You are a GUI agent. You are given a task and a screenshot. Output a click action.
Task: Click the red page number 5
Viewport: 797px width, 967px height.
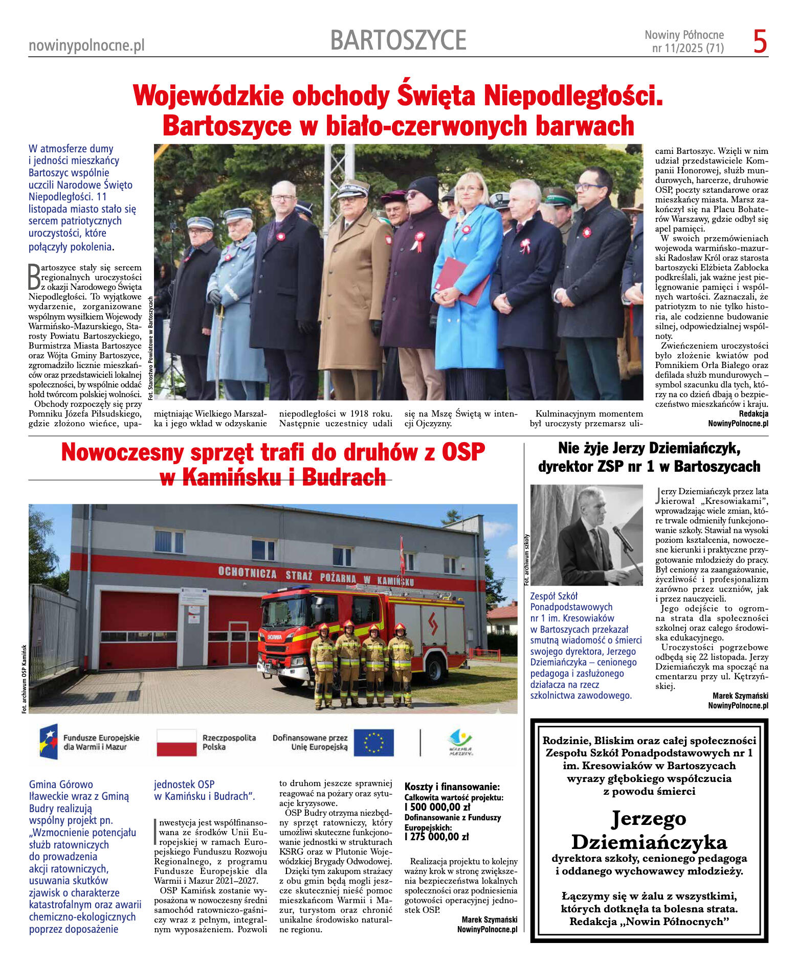coord(760,42)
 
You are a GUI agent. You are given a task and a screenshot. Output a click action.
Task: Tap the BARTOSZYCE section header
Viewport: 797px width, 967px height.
coord(398,40)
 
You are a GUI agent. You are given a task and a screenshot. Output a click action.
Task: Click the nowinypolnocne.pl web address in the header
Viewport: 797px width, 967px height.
coord(86,45)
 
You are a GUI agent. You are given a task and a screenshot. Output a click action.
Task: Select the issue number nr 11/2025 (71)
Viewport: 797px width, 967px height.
coord(688,49)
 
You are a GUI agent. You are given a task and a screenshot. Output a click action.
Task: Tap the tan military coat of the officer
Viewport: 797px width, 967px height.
coord(353,296)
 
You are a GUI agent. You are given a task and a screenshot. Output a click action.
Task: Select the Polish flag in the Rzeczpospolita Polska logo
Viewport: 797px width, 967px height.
coord(176,743)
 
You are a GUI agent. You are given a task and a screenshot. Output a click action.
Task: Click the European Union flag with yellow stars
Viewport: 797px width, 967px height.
coord(374,743)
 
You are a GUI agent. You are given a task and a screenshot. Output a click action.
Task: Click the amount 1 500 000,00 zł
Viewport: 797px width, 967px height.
coord(437,807)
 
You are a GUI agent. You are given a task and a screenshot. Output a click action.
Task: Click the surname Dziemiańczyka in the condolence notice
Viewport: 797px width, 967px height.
coord(649,842)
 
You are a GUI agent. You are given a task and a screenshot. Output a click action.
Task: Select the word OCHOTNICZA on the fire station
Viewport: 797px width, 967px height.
coord(247,572)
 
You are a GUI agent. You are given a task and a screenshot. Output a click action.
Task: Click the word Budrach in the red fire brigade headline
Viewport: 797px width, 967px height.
coord(343,477)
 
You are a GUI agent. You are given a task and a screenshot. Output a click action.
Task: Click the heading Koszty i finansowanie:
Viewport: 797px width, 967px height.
coord(452,787)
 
